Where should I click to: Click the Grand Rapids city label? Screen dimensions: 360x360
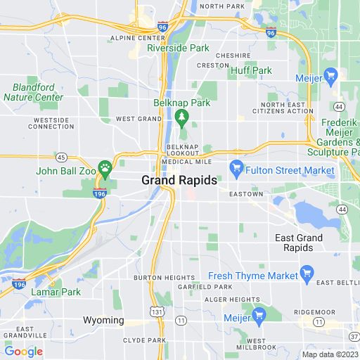[179, 180]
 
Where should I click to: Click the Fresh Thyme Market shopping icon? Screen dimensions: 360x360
[306, 272]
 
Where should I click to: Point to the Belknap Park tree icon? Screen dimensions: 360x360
[182, 115]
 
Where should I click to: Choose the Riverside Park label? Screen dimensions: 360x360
[178, 49]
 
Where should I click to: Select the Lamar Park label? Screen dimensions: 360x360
[56, 292]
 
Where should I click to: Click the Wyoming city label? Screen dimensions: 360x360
[103, 321]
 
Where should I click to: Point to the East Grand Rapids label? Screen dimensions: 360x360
[299, 243]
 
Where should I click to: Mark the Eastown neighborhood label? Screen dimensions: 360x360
[245, 194]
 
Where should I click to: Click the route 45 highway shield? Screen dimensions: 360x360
[62, 157]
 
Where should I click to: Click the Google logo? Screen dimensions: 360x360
[23, 352]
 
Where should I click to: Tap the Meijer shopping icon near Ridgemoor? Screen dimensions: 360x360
[257, 313]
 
